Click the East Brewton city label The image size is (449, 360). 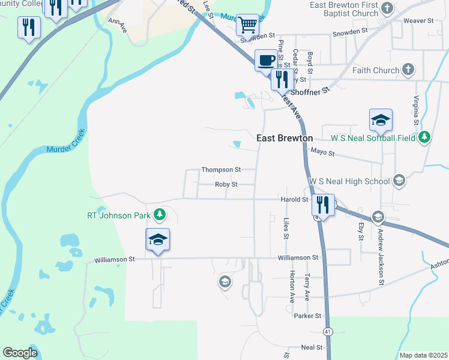285,138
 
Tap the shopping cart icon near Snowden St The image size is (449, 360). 247,25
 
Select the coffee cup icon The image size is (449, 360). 267,60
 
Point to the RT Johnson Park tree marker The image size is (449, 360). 159,214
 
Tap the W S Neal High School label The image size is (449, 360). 349,181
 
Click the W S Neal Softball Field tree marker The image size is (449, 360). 424,137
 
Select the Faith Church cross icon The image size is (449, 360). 408,70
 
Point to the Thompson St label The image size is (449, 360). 221,170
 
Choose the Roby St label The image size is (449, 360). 226,184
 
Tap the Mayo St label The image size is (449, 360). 323,152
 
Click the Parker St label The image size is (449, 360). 308,316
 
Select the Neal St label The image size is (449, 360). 312,347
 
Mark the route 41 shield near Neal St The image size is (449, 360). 328,331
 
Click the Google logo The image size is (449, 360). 20,353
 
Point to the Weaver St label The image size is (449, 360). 418,20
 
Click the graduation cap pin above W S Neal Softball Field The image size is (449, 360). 381,120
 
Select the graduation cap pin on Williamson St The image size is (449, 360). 158,239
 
